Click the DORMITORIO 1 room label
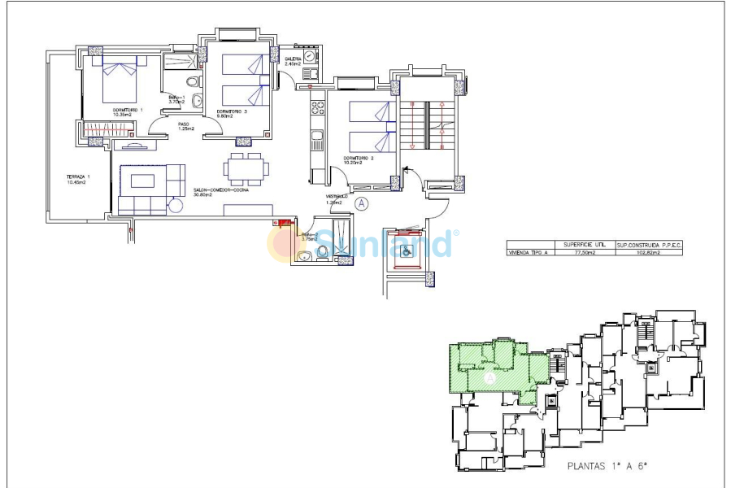[128, 110]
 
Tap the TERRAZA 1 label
[78, 177]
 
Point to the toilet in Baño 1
[192, 81]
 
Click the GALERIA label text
[294, 59]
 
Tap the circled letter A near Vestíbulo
[362, 204]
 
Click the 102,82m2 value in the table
[649, 253]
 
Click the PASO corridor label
[185, 124]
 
